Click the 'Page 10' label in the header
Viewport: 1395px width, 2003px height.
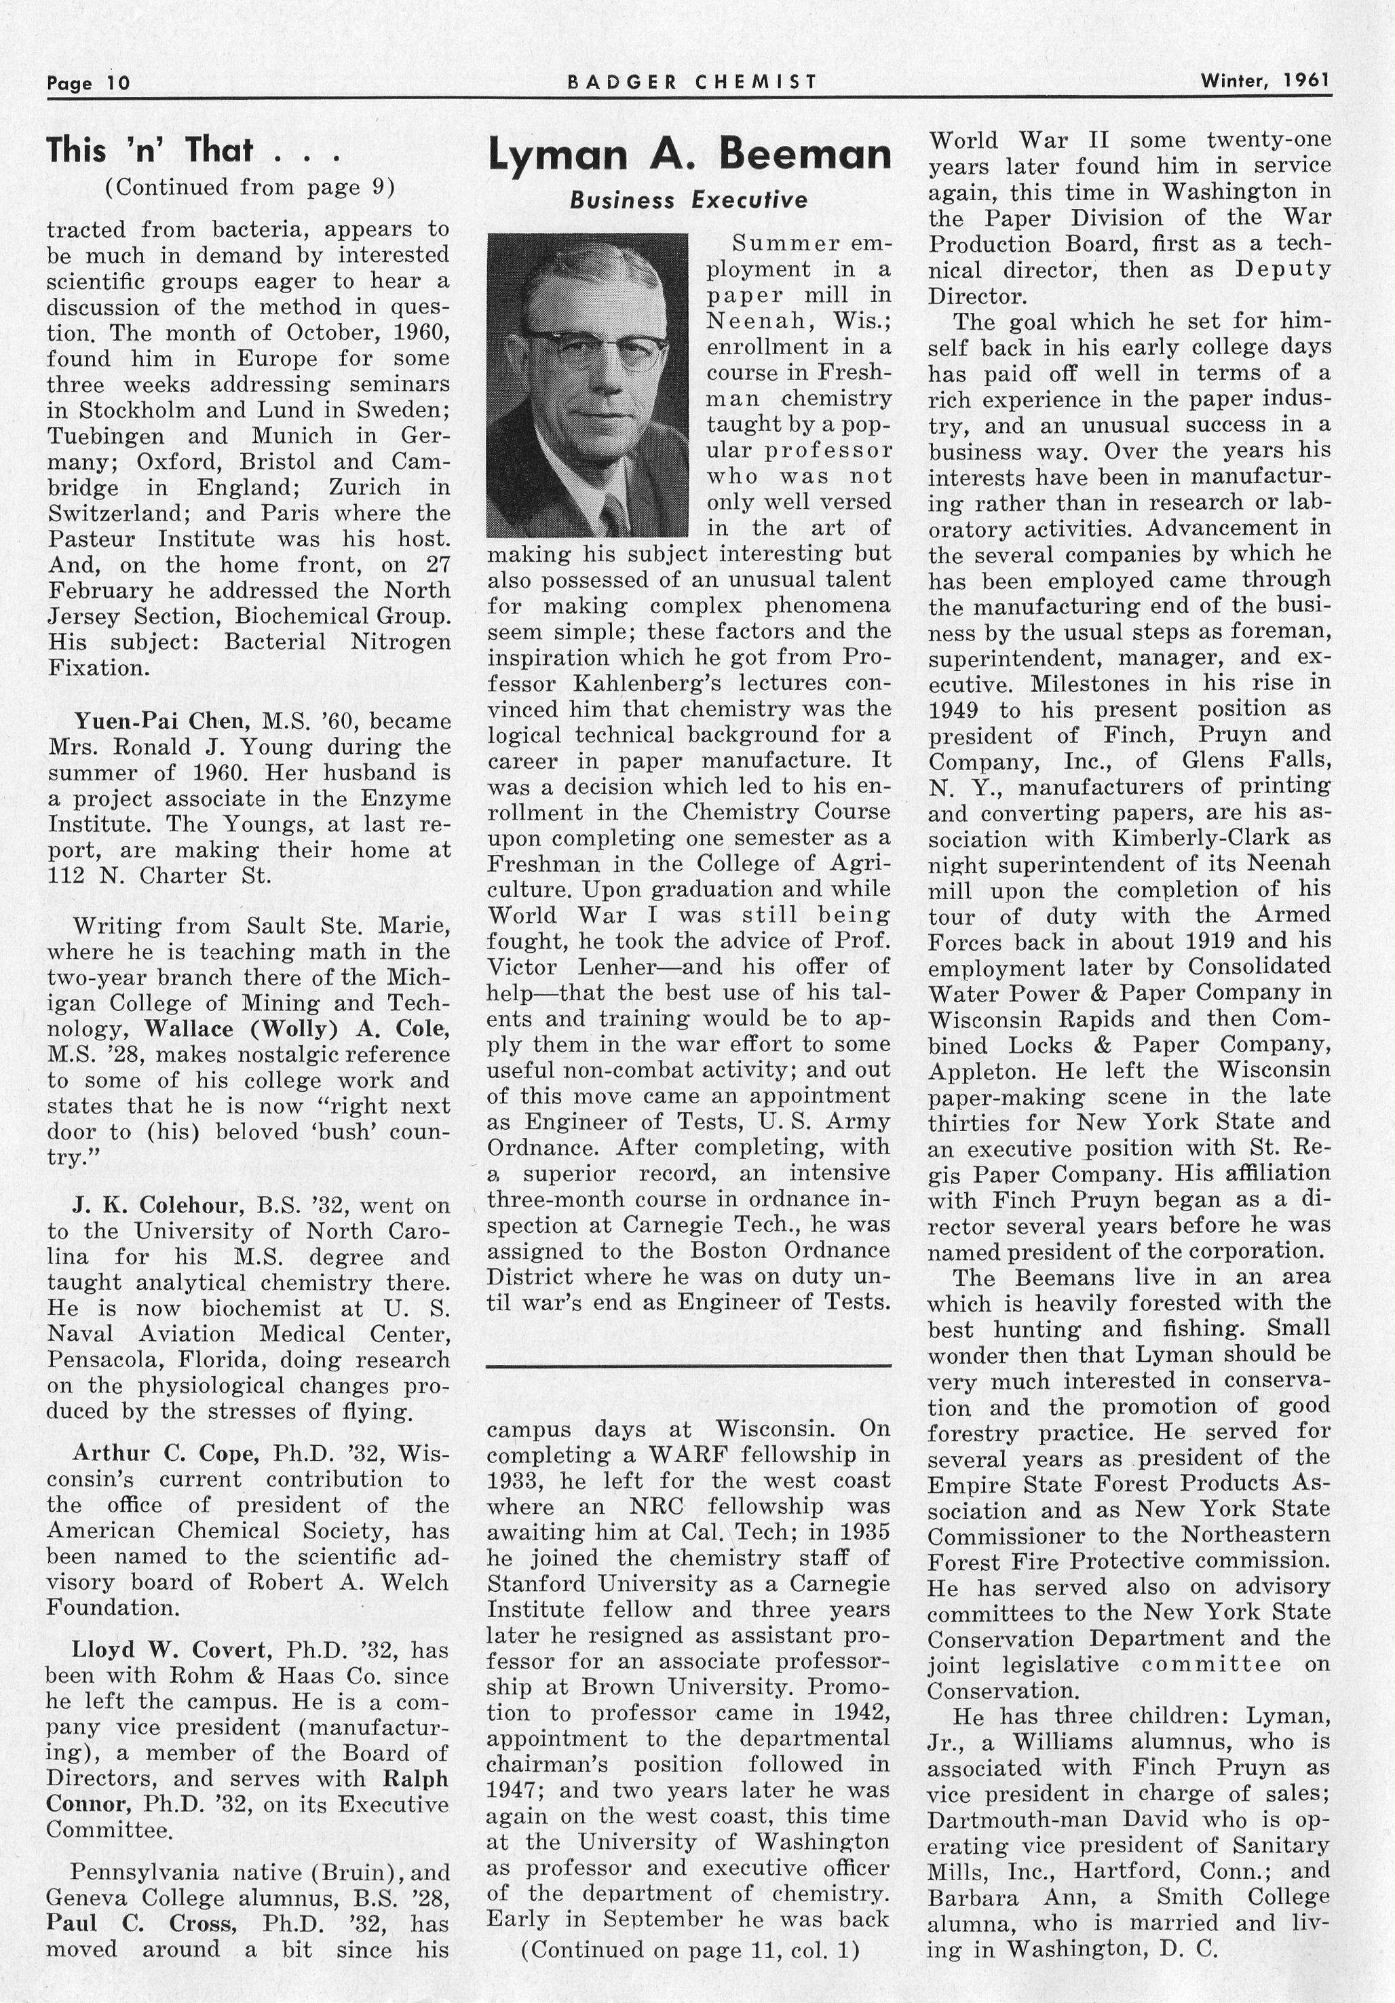[x=88, y=83]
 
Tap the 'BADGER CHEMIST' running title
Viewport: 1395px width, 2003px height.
[x=692, y=82]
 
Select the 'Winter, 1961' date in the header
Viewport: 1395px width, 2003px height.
[x=1265, y=81]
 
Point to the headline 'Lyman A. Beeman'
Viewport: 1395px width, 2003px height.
[x=689, y=155]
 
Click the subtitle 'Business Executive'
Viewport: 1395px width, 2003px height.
[x=688, y=201]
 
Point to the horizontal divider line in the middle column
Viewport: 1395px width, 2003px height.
[x=688, y=1366]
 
